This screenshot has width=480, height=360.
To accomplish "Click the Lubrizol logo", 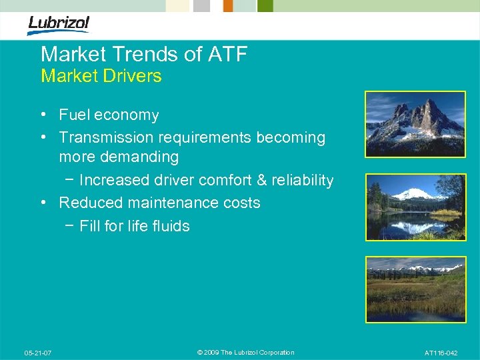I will point(58,24).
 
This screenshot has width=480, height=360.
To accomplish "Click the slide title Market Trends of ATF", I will point(143,55).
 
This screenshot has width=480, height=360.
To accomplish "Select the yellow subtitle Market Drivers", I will point(101,76).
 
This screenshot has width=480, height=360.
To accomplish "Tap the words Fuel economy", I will point(109,115).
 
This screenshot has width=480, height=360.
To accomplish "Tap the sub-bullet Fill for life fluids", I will point(134,226).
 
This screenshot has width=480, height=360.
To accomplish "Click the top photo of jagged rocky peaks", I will point(415,124).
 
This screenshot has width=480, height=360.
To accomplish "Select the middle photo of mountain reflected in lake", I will point(415,207).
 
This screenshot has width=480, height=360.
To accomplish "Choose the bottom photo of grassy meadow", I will point(415,289).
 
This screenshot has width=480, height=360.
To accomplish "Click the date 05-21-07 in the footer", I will point(38,353).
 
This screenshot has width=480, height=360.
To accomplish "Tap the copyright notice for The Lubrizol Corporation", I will point(245,353).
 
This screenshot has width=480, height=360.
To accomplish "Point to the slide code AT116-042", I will point(441,353).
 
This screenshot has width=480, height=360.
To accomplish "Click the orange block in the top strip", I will point(228,5).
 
